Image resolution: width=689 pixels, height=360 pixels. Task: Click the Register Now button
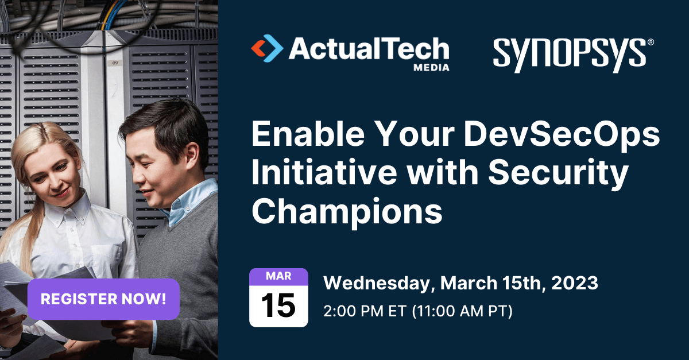[x=103, y=299]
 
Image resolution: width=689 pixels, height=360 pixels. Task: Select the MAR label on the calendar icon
[x=278, y=276]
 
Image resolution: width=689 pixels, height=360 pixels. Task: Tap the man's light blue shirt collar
[x=189, y=198]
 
